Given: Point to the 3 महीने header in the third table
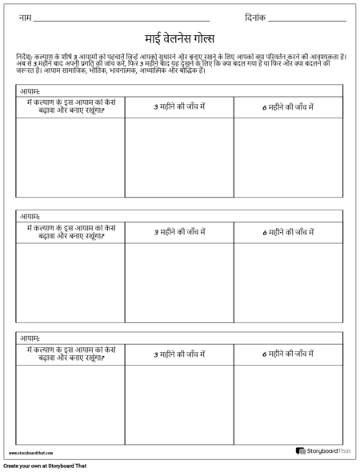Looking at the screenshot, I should click(179, 354).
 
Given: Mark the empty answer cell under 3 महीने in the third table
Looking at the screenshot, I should click(179, 404).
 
